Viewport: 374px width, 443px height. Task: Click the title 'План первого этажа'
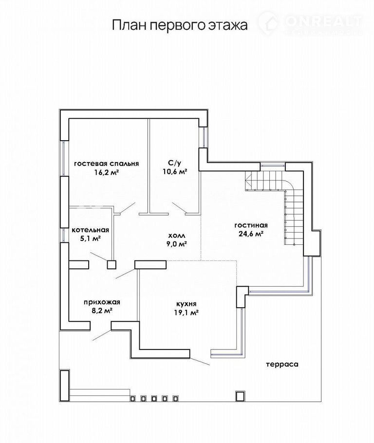click(180, 25)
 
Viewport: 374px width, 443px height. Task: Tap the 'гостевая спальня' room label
click(106, 164)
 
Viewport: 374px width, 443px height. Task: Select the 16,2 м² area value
click(106, 172)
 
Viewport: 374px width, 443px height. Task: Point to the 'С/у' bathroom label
click(174, 163)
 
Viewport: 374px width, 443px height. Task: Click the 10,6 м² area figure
click(175, 171)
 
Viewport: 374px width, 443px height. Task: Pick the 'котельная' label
click(90, 230)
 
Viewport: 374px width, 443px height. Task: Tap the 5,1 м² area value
click(91, 239)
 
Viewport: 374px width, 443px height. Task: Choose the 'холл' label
click(177, 235)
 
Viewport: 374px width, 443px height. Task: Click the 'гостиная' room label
click(251, 225)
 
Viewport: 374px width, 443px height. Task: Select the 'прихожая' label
click(102, 302)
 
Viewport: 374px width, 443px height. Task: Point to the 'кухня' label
click(186, 304)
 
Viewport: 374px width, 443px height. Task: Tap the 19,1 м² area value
click(186, 313)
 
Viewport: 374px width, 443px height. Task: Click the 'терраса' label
click(282, 365)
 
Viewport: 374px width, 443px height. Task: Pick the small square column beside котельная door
click(112, 264)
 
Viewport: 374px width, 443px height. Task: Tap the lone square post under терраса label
click(240, 396)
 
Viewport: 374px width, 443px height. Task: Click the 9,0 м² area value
click(177, 244)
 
